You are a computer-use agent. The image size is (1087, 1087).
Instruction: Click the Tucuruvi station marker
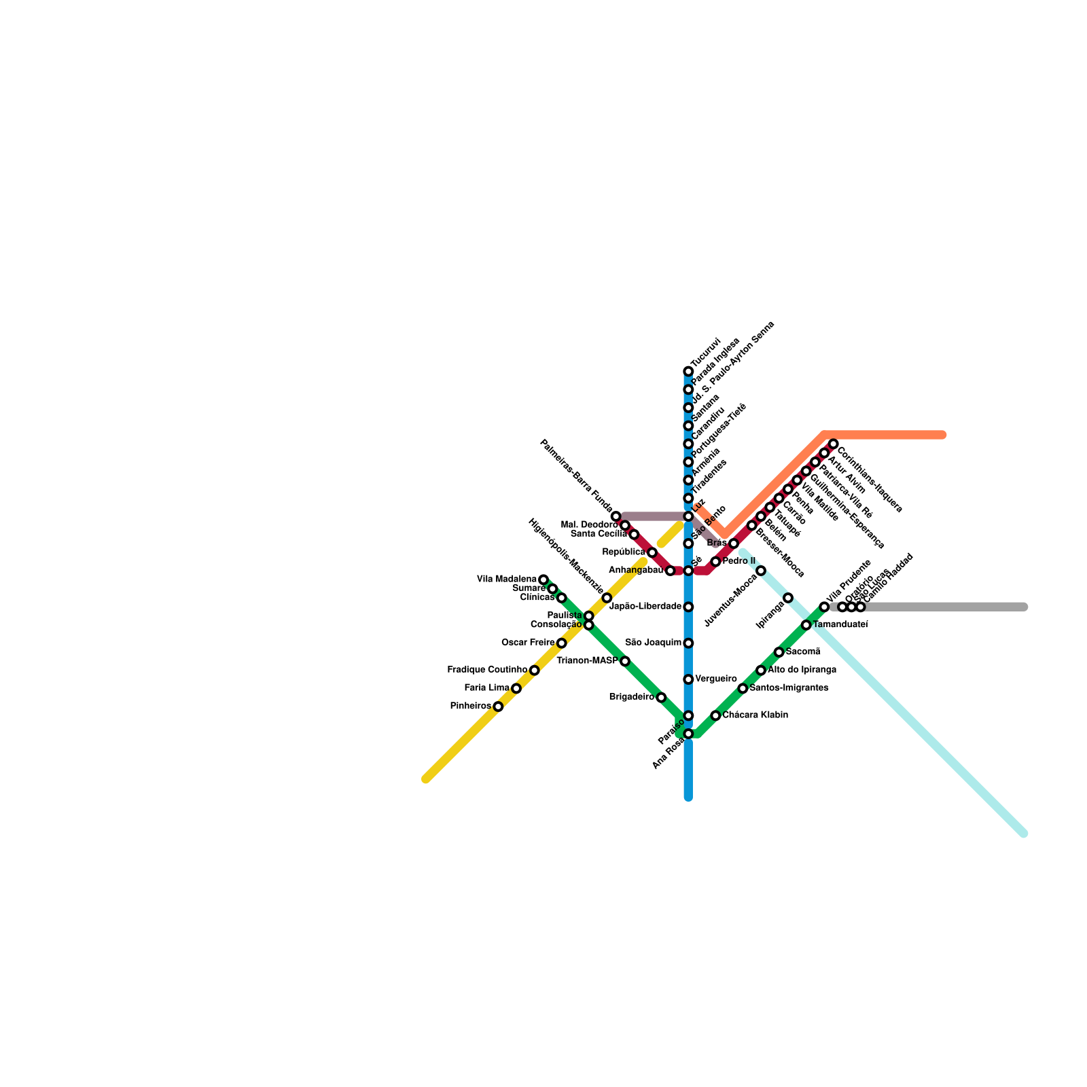click(x=688, y=372)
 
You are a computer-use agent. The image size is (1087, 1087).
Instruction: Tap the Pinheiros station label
click(x=470, y=707)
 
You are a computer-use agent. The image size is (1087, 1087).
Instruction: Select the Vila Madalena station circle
click(x=543, y=580)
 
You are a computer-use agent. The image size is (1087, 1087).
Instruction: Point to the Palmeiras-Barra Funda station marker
click(x=616, y=517)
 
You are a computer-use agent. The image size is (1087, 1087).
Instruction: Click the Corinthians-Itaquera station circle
click(x=834, y=444)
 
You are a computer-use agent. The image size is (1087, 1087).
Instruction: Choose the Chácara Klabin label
click(x=755, y=715)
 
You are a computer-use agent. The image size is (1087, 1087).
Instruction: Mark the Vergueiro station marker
click(x=688, y=679)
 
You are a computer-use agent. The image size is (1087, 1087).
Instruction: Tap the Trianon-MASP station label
click(x=587, y=661)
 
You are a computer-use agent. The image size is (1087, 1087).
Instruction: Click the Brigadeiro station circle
click(x=661, y=698)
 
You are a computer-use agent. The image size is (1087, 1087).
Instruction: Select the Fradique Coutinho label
click(x=487, y=671)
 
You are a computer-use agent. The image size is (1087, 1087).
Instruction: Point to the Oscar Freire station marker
click(x=562, y=643)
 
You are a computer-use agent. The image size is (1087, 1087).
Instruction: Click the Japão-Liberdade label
click(x=645, y=607)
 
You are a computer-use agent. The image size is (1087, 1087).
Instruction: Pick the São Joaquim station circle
click(x=688, y=643)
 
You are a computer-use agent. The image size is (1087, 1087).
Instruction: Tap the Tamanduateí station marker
click(x=806, y=625)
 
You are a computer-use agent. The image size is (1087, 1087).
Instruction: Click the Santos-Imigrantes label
click(x=789, y=688)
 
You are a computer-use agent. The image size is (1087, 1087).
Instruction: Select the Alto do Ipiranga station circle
click(x=761, y=671)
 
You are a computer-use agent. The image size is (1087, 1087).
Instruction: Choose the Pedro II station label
click(x=738, y=562)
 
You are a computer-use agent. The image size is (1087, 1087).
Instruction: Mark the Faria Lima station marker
click(x=516, y=689)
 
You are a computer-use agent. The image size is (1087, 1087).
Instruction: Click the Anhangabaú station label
click(x=636, y=571)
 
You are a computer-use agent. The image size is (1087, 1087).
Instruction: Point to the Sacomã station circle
click(x=779, y=652)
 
